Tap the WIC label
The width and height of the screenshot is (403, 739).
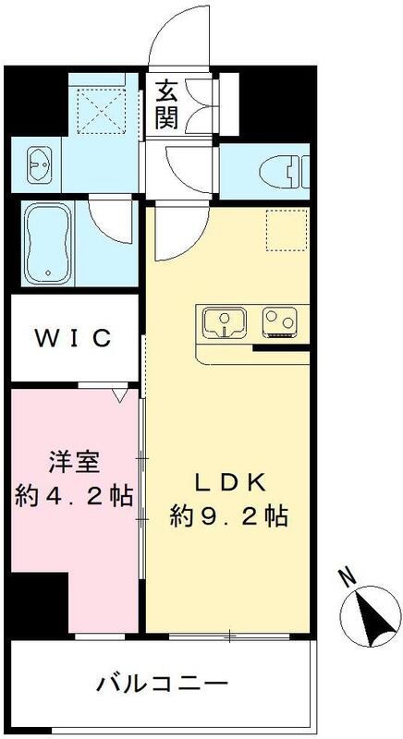tap(73, 337)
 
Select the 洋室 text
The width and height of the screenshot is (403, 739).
tap(73, 461)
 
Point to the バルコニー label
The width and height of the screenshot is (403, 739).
tap(162, 684)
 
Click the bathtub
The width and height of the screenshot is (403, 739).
tap(48, 244)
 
